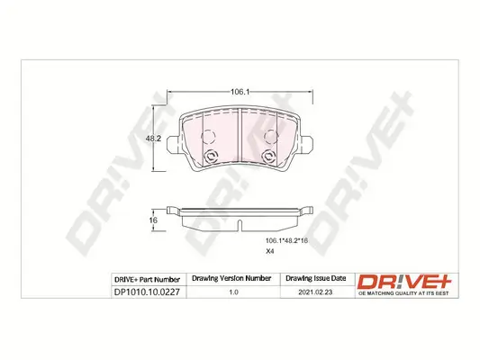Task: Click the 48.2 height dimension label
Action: pos(153,139)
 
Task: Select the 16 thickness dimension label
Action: pos(153,220)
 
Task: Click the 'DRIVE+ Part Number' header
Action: pos(149,280)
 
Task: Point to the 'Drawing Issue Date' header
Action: pos(314,280)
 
